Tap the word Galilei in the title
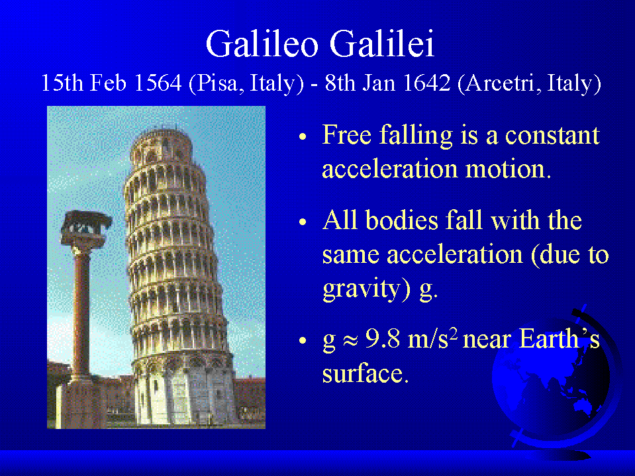[382, 43]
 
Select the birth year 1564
[158, 83]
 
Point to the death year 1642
[427, 83]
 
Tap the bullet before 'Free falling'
[303, 136]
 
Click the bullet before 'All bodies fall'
[303, 222]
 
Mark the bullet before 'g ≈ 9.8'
[303, 340]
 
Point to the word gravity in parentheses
[362, 289]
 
